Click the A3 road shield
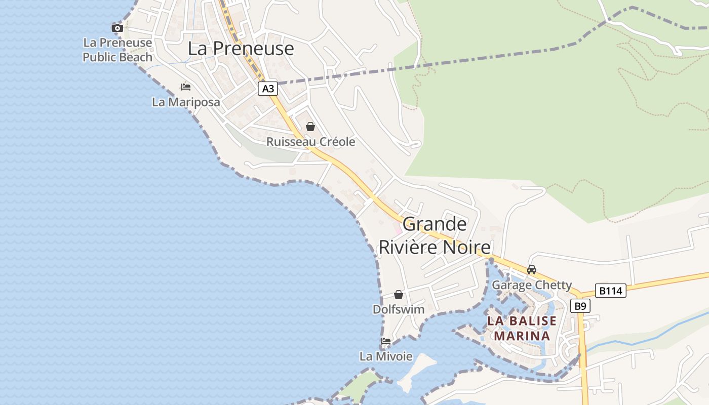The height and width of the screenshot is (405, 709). point(268,89)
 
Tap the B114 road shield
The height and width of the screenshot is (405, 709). point(610,291)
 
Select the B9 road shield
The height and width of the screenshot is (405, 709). point(580,306)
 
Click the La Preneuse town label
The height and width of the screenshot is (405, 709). point(241,49)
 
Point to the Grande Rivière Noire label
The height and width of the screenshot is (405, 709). point(435,235)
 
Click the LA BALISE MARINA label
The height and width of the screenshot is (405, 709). point(522,328)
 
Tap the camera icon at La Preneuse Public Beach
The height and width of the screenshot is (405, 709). point(117,28)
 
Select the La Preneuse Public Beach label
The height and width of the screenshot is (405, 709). point(117,50)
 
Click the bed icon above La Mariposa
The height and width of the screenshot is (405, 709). point(186,87)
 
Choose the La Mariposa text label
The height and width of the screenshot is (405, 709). point(186,102)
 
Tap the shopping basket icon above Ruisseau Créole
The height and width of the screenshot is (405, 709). point(310,127)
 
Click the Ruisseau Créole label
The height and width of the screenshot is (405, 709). point(310,142)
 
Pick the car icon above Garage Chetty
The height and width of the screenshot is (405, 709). point(532,270)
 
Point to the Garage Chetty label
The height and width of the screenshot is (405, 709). point(532,285)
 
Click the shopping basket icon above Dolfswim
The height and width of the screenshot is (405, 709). point(399,294)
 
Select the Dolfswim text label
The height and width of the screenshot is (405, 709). point(399,309)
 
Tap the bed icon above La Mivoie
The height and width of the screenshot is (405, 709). point(386,341)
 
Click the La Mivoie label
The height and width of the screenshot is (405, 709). point(386,356)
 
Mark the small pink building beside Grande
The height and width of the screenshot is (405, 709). point(398,229)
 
